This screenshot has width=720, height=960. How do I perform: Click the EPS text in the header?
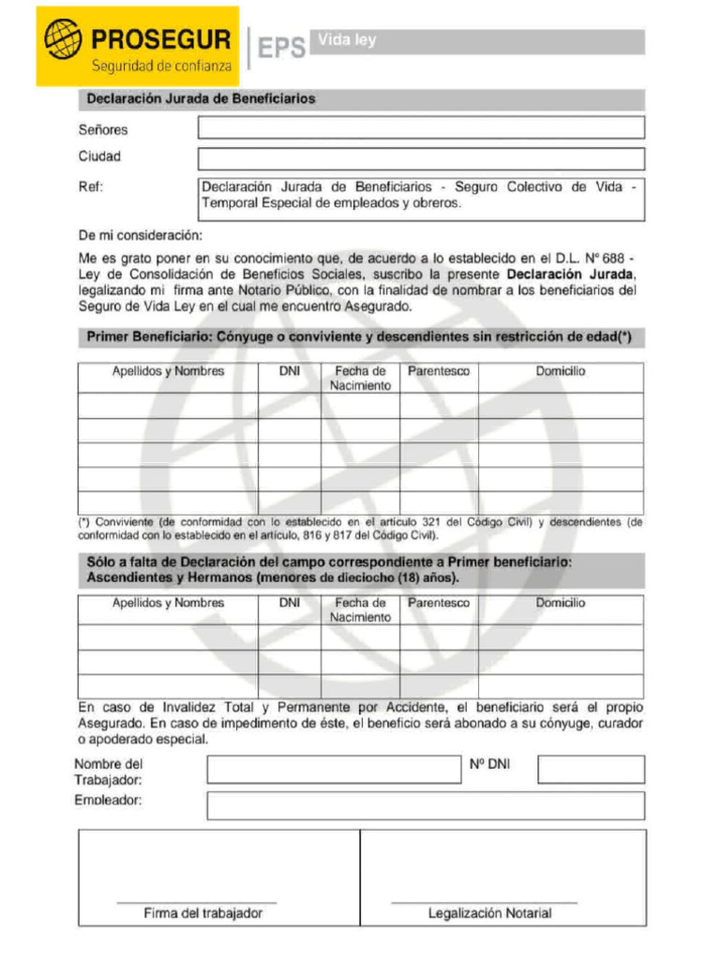click(x=281, y=47)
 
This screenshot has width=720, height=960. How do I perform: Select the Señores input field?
click(x=421, y=127)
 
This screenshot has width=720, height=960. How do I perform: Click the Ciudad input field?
click(x=421, y=157)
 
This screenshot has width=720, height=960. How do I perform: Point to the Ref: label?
click(x=90, y=187)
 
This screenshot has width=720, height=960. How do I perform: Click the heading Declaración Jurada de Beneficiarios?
click(x=201, y=98)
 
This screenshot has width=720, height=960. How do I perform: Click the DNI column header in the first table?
click(x=290, y=371)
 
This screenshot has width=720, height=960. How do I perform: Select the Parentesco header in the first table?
click(x=438, y=371)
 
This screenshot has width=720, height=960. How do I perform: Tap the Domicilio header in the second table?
click(x=560, y=603)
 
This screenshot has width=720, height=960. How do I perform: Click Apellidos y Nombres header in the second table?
click(x=168, y=603)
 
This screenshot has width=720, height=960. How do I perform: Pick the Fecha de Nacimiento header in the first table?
click(x=360, y=378)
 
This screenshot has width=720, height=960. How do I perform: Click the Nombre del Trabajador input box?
click(x=334, y=770)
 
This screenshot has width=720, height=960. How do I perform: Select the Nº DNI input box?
click(x=591, y=770)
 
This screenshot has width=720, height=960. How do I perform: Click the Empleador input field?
click(x=426, y=805)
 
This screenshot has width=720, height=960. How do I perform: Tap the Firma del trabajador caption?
click(x=202, y=912)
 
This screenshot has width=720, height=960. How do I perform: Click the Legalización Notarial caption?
click(x=489, y=912)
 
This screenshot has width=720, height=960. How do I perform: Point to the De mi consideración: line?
click(x=140, y=235)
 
